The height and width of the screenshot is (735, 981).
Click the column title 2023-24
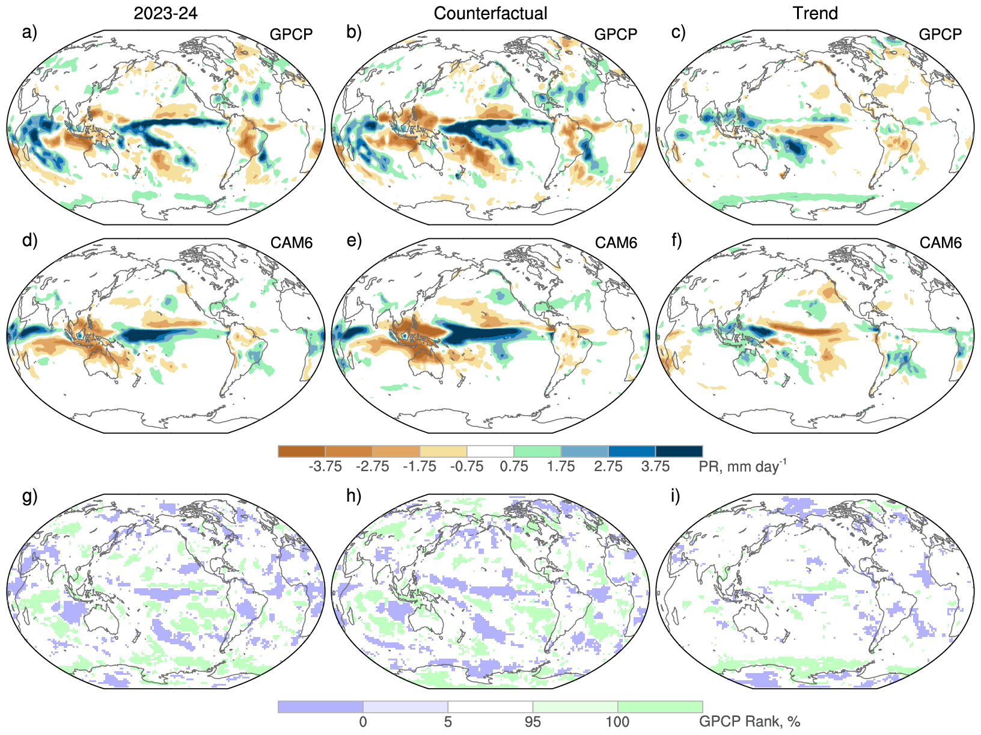165,13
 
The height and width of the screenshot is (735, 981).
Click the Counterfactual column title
490,13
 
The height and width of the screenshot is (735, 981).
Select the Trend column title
815,13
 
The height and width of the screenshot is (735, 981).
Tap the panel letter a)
29,32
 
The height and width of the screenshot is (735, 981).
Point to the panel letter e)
354,241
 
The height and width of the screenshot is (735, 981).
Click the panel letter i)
676,496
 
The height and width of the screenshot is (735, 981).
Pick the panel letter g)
29,496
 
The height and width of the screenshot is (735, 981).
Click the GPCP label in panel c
940,34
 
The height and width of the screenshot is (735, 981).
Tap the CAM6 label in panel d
292,242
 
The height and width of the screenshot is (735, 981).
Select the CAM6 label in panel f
941,242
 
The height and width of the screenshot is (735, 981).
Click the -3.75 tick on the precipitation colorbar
325,467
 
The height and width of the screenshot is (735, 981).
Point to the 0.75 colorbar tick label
514,467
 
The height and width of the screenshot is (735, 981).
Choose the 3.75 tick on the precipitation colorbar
655,467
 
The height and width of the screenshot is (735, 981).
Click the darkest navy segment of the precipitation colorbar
679,451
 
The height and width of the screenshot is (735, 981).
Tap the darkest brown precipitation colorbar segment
302,451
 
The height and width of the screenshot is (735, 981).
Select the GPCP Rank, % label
750,721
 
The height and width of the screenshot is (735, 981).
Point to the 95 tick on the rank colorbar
533,721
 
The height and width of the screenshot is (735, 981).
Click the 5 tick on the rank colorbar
448,721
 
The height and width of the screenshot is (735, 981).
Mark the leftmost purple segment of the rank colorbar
320,707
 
